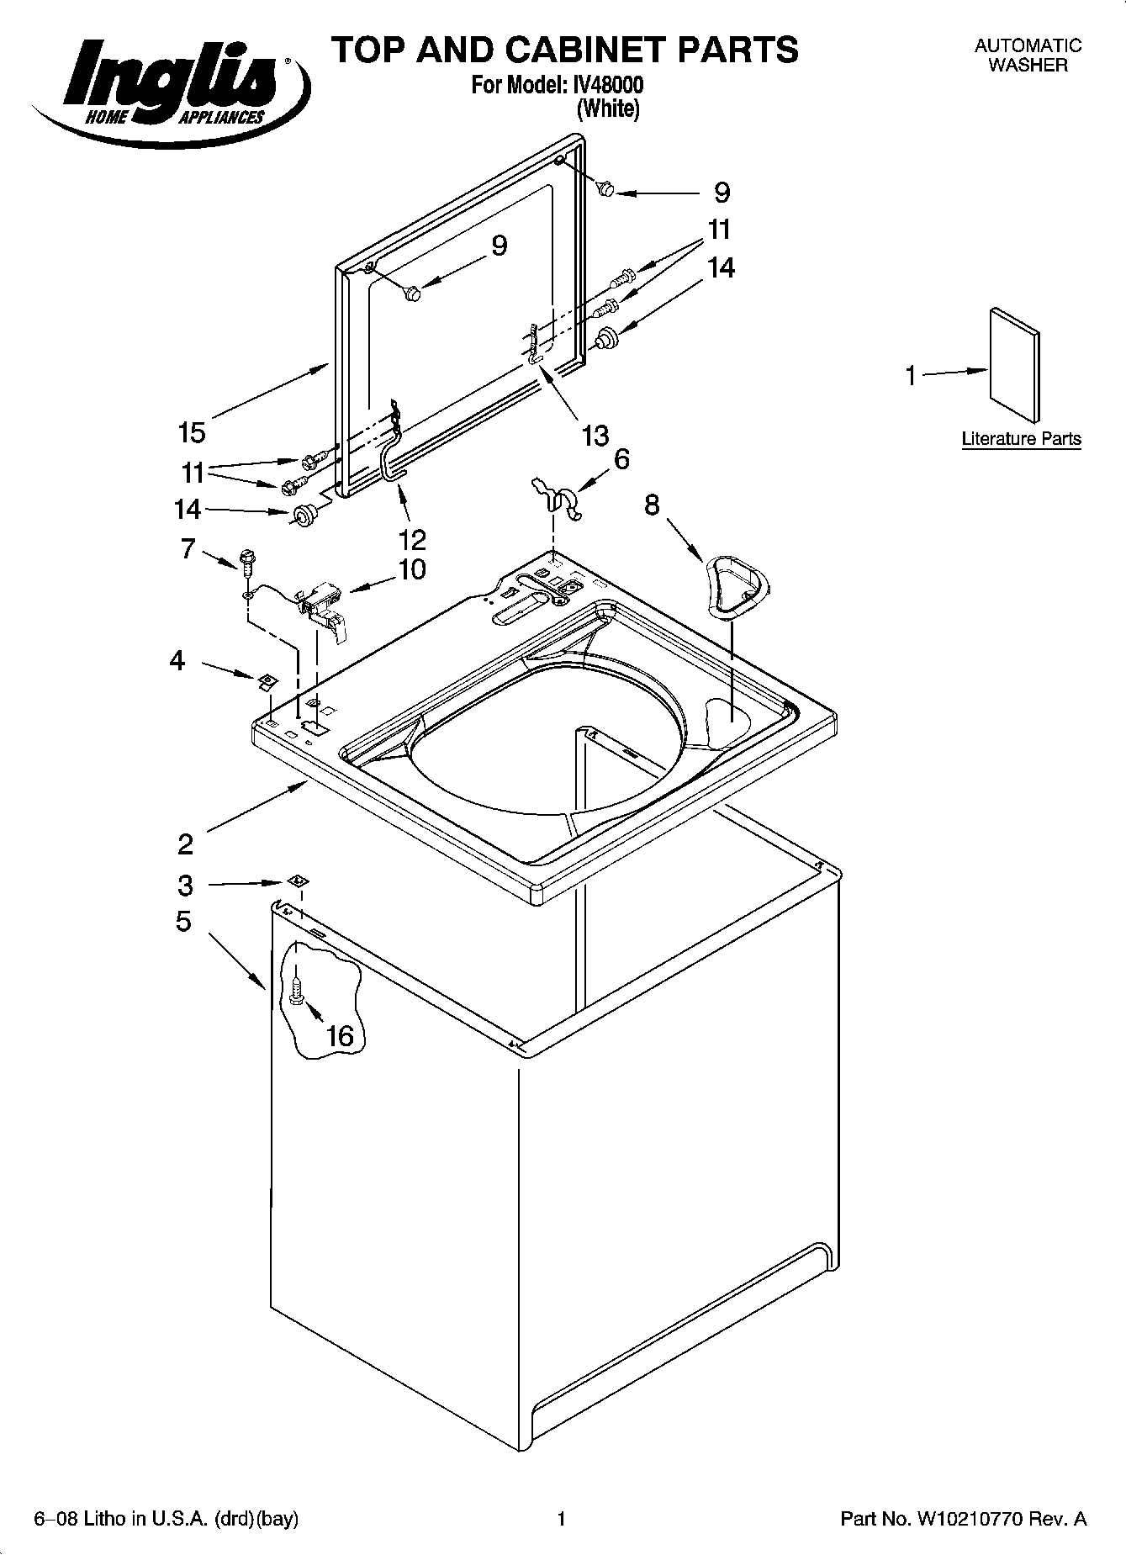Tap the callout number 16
(340, 1035)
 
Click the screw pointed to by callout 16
(295, 992)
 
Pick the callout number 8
(653, 505)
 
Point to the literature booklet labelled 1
(1014, 364)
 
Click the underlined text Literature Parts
(1021, 439)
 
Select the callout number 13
(595, 436)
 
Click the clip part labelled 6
(559, 498)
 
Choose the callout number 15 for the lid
(192, 432)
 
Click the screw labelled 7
(246, 561)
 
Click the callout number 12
(413, 538)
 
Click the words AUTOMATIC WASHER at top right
(1028, 56)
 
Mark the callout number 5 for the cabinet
(183, 922)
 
